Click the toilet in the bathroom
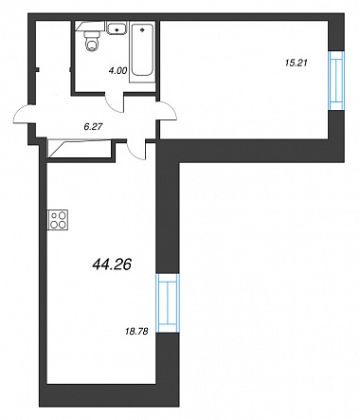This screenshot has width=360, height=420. click(92, 41)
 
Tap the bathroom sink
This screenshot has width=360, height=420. click(117, 27)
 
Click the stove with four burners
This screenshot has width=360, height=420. click(58, 220)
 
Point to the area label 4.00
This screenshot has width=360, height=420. click(117, 71)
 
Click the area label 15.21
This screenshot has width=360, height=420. click(297, 63)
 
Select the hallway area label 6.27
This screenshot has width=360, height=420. click(94, 127)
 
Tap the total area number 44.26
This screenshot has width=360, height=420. click(112, 265)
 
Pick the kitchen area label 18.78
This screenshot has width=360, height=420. click(136, 332)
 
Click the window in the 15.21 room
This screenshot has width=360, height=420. click(336, 81)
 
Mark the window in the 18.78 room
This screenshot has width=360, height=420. click(168, 303)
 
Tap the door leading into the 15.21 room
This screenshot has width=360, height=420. click(168, 111)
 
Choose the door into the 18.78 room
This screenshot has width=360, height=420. click(136, 150)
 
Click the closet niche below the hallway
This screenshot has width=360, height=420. click(80, 149)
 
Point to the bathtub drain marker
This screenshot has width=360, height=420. click(142, 30)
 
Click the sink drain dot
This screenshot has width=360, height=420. click(117, 29)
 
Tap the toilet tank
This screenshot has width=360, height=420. click(92, 34)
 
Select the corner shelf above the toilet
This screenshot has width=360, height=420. click(90, 26)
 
